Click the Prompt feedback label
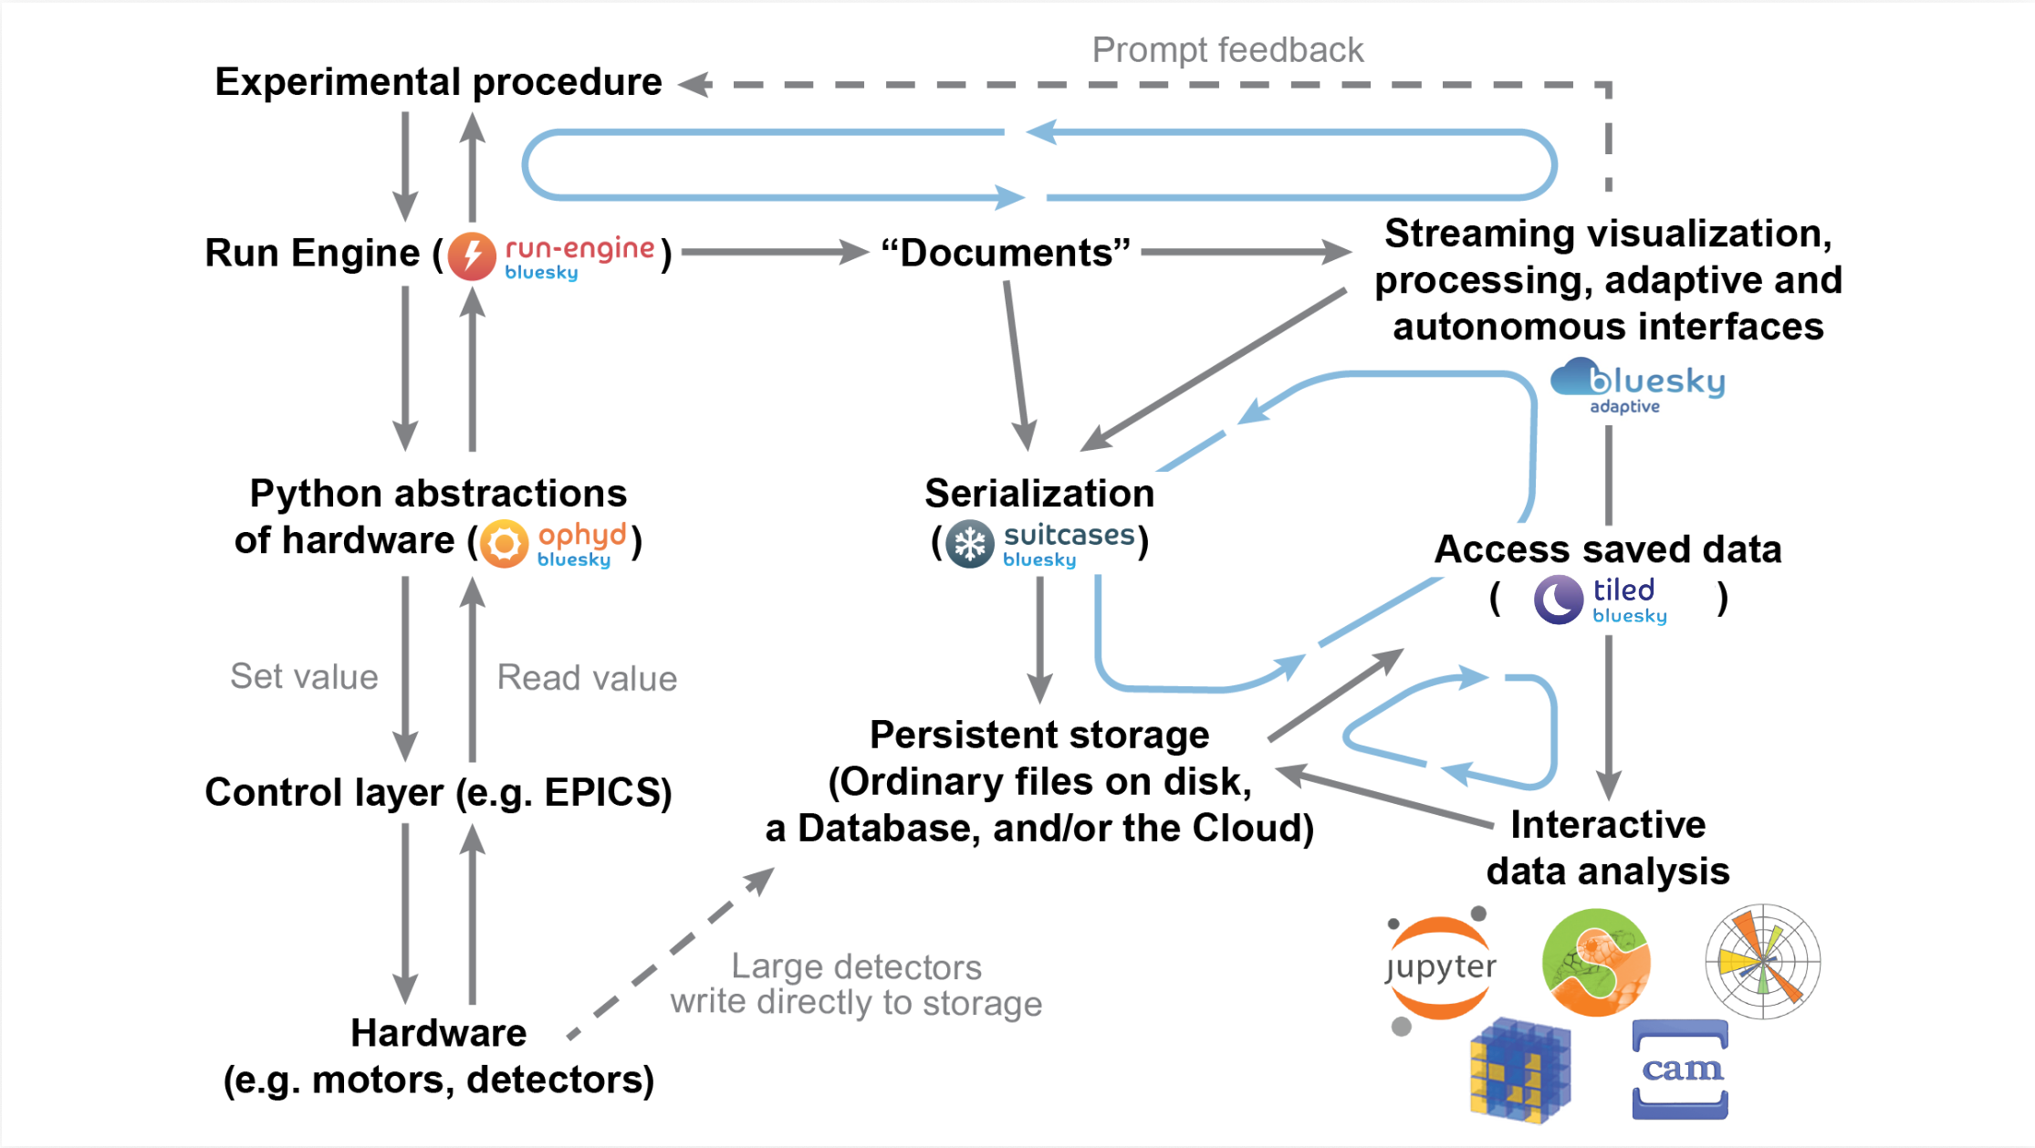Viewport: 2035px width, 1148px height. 1227,50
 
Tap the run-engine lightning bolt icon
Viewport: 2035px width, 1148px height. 472,255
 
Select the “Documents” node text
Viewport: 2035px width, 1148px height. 1006,253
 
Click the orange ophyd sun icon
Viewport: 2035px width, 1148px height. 504,544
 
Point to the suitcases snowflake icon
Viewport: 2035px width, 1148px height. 969,544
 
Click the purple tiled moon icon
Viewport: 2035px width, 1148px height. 1558,600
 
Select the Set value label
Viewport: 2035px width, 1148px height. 304,677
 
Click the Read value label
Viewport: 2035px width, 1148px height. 587,678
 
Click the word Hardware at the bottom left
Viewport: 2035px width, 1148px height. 438,1033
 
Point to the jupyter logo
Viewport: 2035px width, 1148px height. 1440,967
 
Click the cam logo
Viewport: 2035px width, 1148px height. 1680,1069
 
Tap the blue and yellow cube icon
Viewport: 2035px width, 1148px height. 1519,1070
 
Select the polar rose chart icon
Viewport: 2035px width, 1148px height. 1762,962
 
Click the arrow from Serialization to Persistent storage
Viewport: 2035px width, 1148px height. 1039,639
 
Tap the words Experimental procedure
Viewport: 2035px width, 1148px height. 438,82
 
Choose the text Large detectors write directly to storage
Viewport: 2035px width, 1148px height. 856,984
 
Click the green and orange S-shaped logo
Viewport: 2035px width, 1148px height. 1596,963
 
